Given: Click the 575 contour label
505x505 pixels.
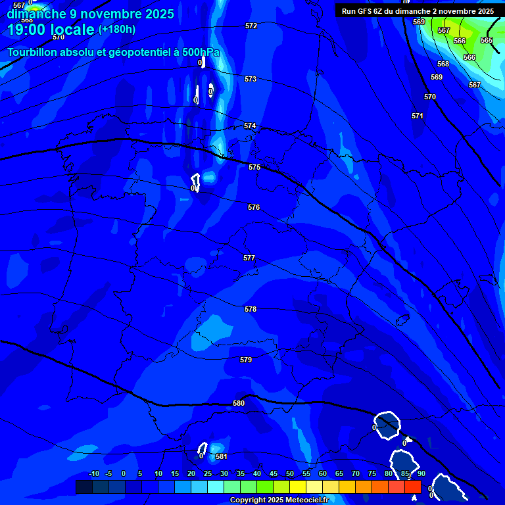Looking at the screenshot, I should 254,167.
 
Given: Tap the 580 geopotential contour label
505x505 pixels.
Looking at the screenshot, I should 239,403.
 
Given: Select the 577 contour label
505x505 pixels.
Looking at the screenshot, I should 249,258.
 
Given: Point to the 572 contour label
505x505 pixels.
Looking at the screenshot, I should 251,26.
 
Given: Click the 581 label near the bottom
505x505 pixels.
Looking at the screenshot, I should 222,456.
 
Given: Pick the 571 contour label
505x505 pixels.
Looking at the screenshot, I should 418,116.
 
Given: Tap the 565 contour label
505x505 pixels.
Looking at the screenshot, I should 487,40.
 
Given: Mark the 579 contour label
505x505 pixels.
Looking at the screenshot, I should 246,360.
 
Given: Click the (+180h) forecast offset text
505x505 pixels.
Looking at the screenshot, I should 117,29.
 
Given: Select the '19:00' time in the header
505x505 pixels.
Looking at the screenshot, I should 26,30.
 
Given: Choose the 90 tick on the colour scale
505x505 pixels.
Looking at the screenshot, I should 421,473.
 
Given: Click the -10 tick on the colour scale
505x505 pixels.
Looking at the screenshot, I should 93,473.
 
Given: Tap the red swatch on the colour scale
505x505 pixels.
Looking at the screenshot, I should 412,487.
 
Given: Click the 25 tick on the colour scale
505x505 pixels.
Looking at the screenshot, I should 207,473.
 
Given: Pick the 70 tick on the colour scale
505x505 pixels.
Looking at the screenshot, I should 355,473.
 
